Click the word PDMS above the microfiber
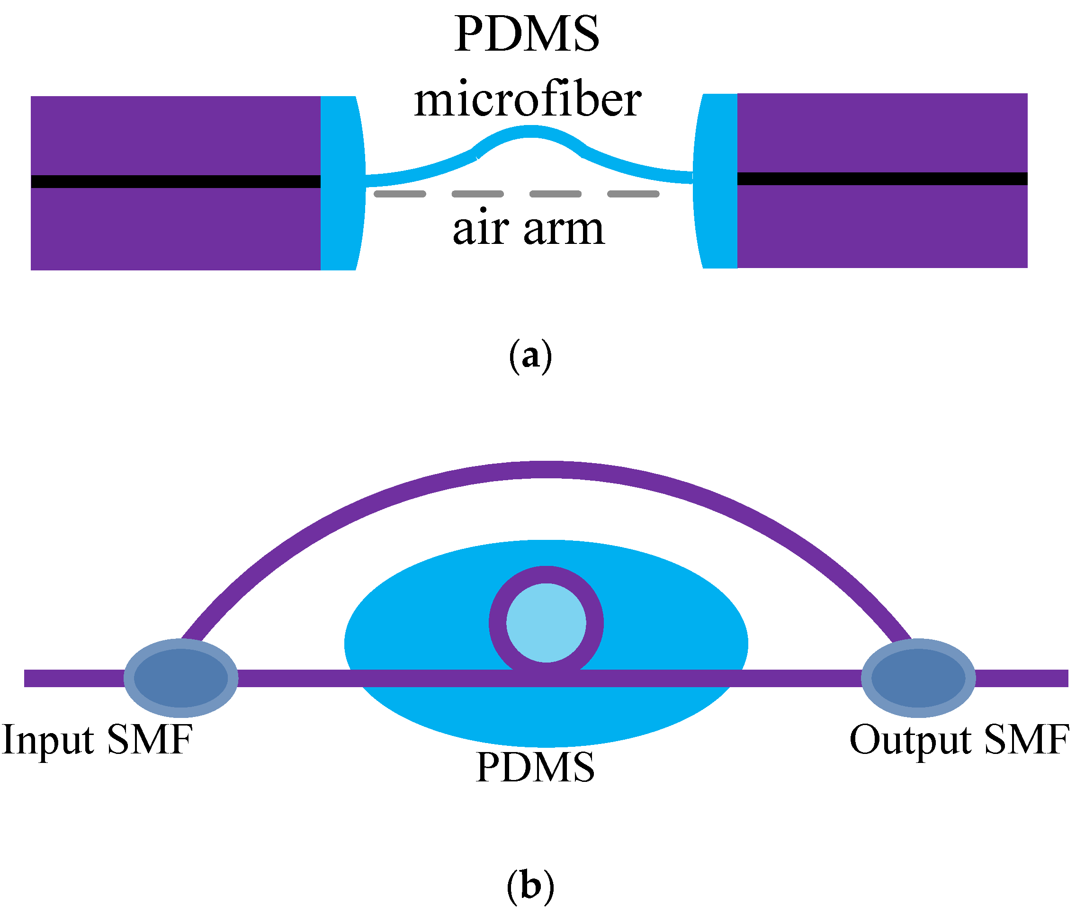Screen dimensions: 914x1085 tap(527, 34)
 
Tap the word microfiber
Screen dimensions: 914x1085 tap(528, 99)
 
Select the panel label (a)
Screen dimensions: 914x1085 tap(530, 356)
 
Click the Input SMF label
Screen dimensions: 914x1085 tap(98, 740)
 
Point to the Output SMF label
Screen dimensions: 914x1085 tap(959, 740)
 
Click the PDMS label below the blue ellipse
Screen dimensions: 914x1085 tap(535, 767)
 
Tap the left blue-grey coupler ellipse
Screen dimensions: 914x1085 tap(181, 678)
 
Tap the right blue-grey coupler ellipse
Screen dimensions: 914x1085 tap(918, 678)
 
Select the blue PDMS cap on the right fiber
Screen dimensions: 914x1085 tap(717, 181)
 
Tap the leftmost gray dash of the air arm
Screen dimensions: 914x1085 tap(400, 194)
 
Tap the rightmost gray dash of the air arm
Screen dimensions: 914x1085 tap(633, 194)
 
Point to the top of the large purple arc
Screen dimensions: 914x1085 tap(546, 469)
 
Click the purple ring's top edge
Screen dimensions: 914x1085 tap(546, 574)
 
